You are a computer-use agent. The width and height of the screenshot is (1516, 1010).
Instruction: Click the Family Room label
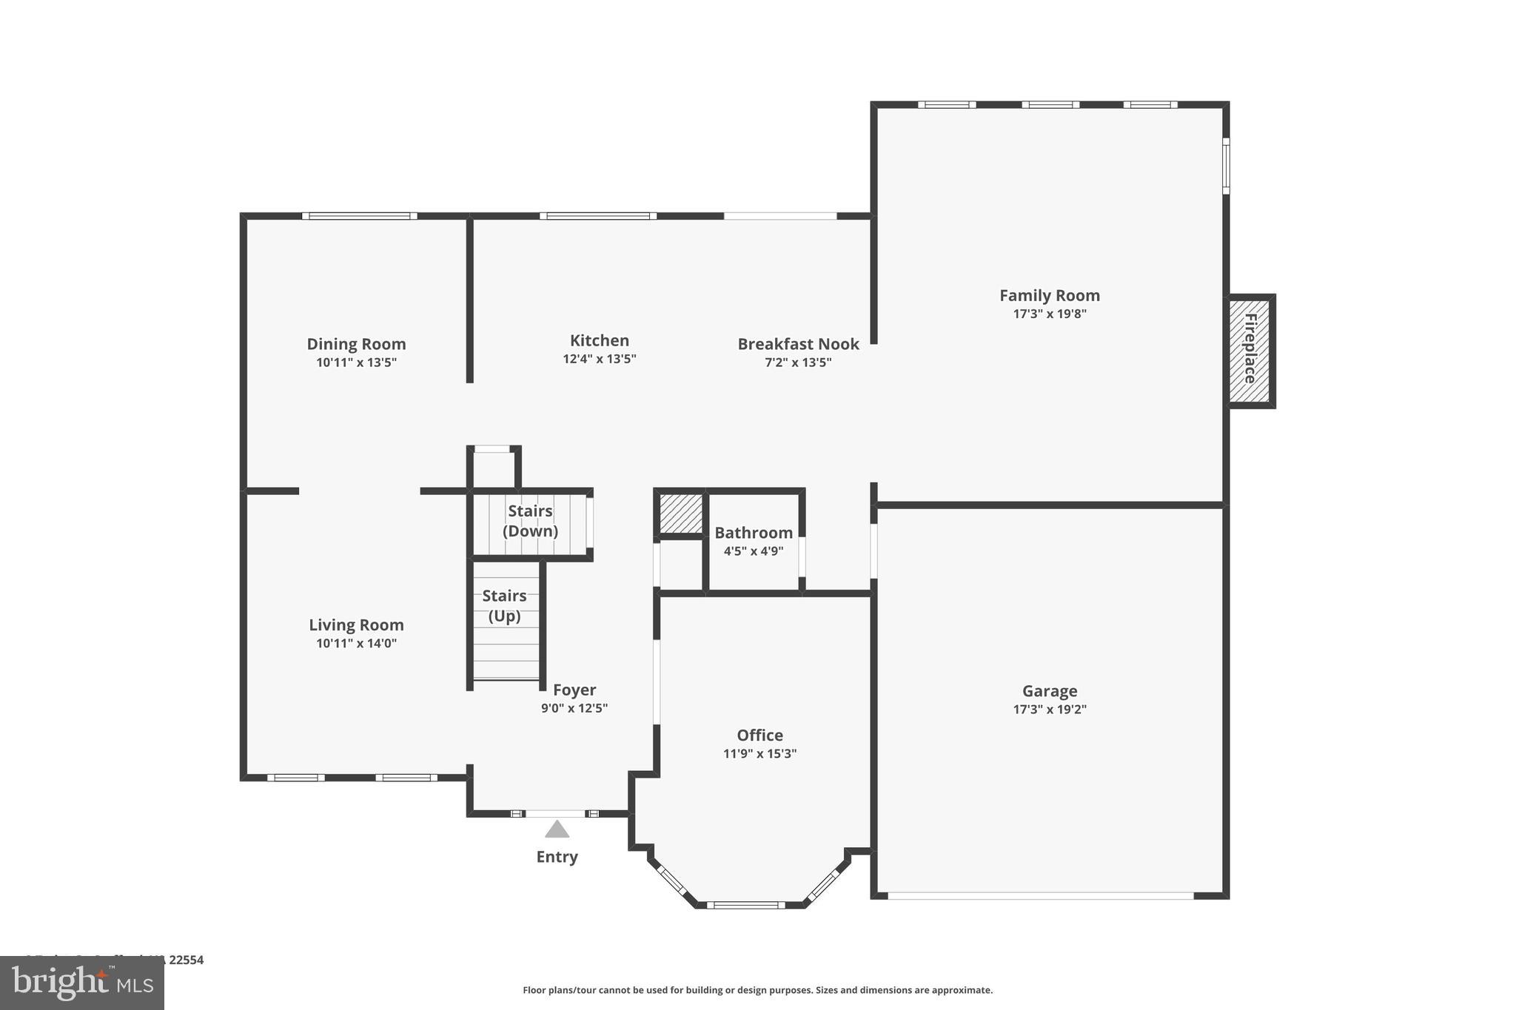[1049, 295]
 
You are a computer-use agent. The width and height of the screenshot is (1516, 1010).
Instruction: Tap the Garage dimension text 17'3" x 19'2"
[1049, 709]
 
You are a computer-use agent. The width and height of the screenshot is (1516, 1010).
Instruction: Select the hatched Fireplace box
[1250, 351]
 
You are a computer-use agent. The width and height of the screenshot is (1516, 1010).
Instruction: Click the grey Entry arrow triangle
[557, 829]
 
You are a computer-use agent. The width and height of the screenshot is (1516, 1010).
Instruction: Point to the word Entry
[557, 857]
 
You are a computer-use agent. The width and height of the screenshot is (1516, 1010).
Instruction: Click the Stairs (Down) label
[530, 521]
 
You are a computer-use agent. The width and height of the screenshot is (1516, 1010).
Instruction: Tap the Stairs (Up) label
[504, 605]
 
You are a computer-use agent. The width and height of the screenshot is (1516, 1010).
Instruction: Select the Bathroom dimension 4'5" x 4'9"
[753, 551]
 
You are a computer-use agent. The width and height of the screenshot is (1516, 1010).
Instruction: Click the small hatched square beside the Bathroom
[680, 514]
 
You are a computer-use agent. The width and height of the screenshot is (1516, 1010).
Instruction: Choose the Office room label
[759, 735]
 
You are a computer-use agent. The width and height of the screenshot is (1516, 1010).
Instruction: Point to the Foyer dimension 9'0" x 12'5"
[574, 708]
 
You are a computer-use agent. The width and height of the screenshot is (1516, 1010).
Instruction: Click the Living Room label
[356, 624]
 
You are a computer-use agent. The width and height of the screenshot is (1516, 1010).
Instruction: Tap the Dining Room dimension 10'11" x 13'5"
[356, 363]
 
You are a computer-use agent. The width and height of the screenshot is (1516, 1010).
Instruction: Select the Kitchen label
[599, 340]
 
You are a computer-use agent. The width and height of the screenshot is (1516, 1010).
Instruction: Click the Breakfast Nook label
[798, 344]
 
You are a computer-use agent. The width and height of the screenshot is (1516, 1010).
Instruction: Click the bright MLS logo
[81, 983]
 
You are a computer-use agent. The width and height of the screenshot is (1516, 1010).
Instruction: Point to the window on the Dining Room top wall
[359, 216]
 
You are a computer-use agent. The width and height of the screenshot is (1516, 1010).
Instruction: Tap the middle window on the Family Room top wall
[1050, 105]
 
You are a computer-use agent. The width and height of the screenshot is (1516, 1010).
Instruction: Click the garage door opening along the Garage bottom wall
[1040, 895]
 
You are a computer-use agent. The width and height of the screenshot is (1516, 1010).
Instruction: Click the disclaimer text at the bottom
[757, 990]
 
